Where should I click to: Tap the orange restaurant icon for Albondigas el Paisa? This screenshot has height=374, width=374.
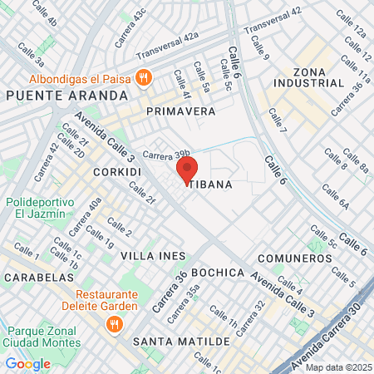pos(144,78)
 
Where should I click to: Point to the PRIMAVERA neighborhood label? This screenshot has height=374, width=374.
pos(180,111)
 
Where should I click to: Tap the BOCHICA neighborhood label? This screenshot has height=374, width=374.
pos(218,273)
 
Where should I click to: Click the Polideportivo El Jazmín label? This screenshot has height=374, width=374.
pos(34,208)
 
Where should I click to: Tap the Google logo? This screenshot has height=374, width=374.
pos(27,363)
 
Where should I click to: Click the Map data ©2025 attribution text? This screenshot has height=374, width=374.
pos(337,367)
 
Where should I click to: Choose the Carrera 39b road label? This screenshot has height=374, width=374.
pos(166,154)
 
